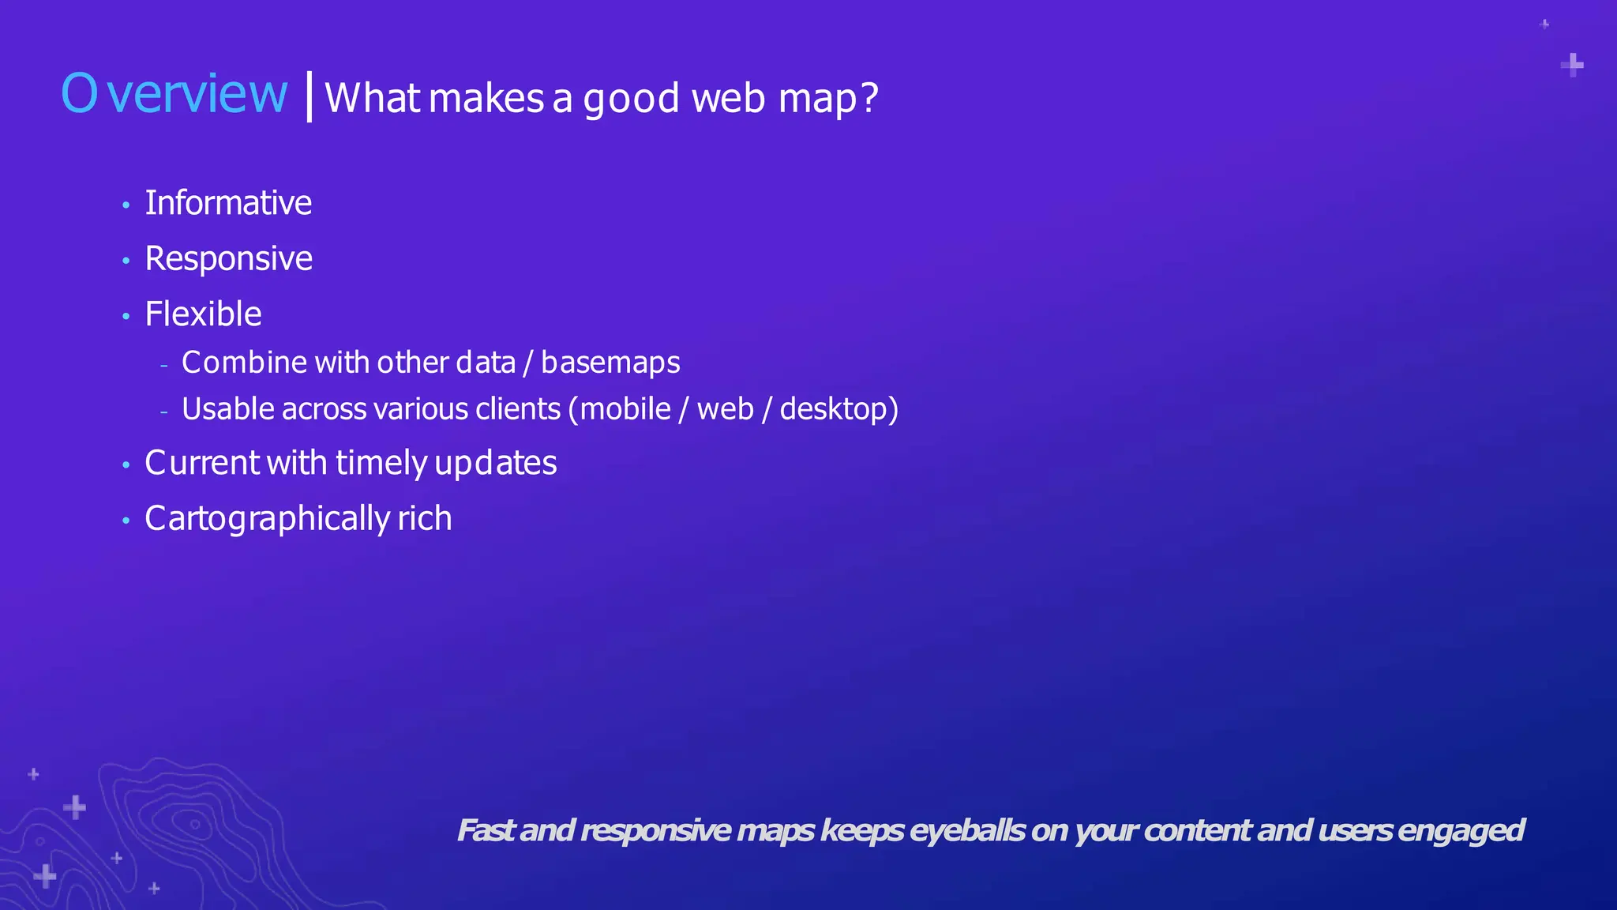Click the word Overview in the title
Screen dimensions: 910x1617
(x=174, y=94)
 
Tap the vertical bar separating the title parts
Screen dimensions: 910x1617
(x=309, y=96)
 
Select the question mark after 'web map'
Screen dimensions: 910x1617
(x=869, y=98)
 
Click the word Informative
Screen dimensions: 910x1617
(x=228, y=203)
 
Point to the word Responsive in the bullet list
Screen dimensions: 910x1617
(x=228, y=259)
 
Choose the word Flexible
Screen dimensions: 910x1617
(x=203, y=314)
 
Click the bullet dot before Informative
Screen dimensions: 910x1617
(x=126, y=206)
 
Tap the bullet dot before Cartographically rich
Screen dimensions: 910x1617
(x=126, y=521)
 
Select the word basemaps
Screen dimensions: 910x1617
(x=610, y=363)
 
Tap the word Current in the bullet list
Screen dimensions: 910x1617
(x=202, y=463)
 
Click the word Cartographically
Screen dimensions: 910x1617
(x=267, y=519)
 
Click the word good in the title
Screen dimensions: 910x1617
(x=631, y=99)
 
